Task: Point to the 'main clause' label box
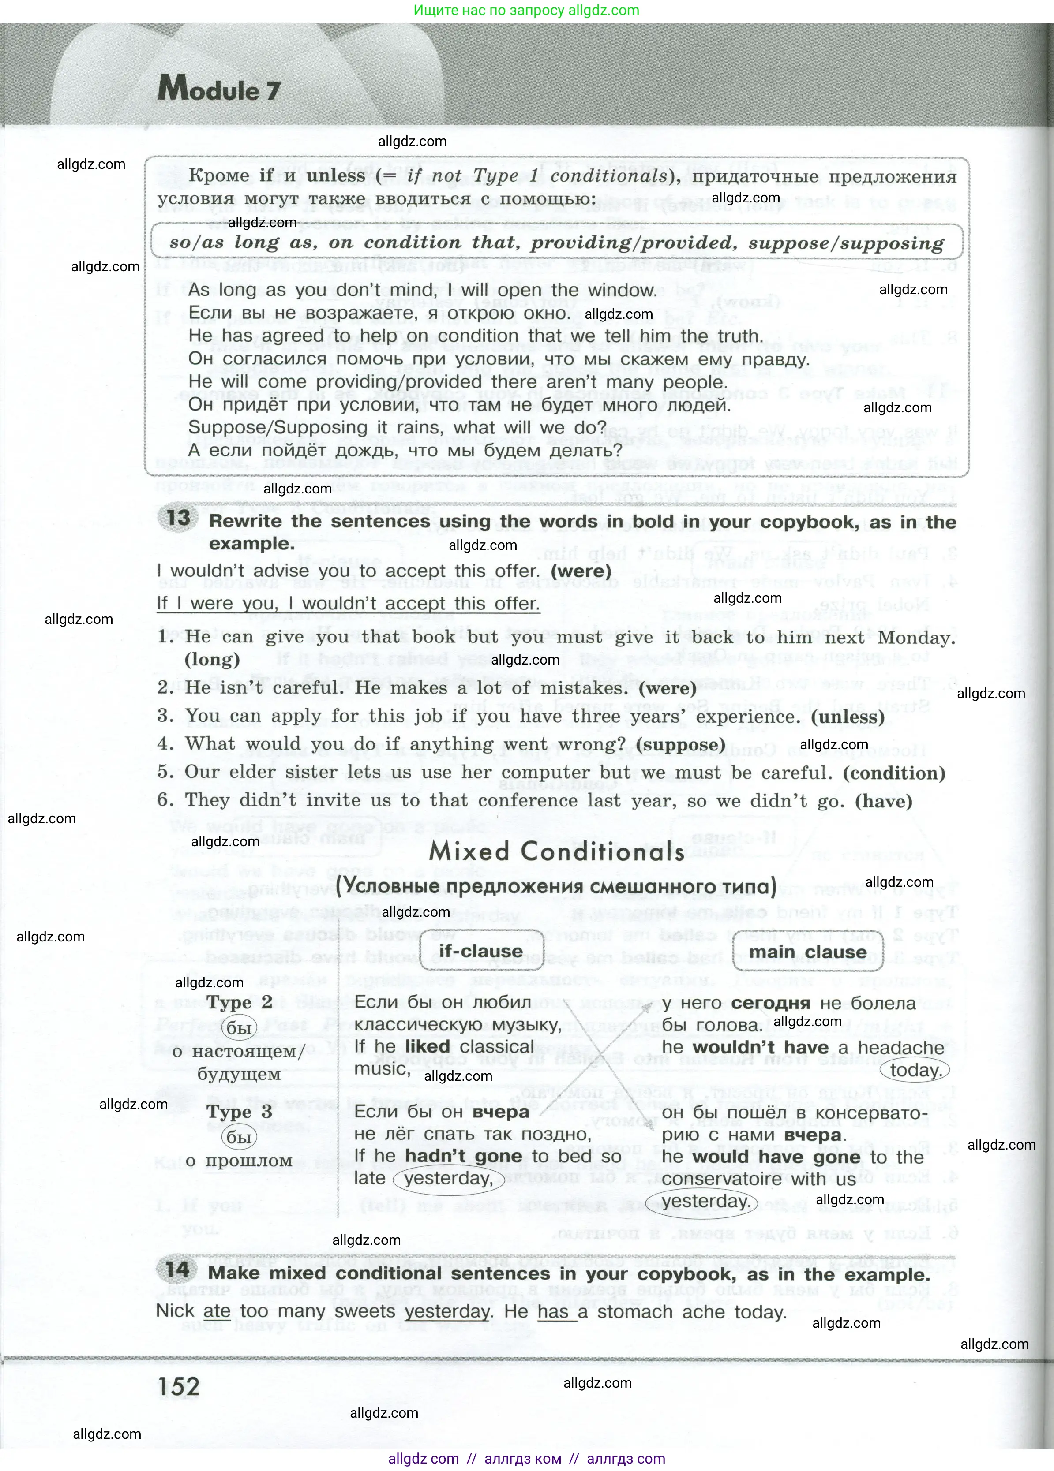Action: [x=808, y=952]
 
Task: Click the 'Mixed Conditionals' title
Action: [x=557, y=851]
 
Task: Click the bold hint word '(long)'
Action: [x=212, y=660]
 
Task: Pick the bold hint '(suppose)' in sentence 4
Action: [x=680, y=745]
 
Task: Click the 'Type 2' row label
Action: [x=240, y=1002]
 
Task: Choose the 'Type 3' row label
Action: [x=240, y=1112]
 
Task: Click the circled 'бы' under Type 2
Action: [x=239, y=1029]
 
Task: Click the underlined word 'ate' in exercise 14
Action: [x=217, y=1311]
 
